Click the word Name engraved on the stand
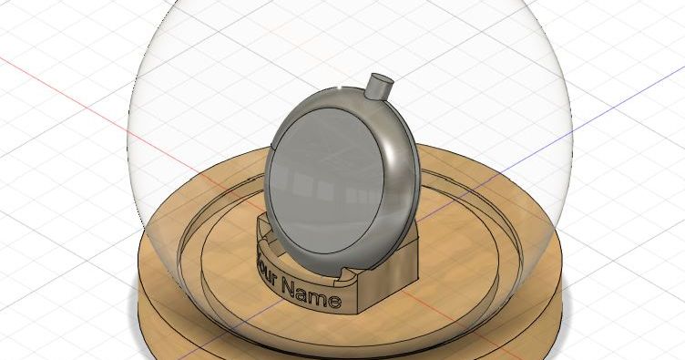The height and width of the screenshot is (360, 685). click(312, 293)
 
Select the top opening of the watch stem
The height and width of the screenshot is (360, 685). click(382, 79)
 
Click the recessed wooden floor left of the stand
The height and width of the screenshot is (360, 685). click(219, 246)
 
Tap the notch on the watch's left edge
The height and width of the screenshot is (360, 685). click(274, 146)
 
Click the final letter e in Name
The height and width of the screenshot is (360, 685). click(335, 301)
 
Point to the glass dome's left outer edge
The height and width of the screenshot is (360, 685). click(128, 137)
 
